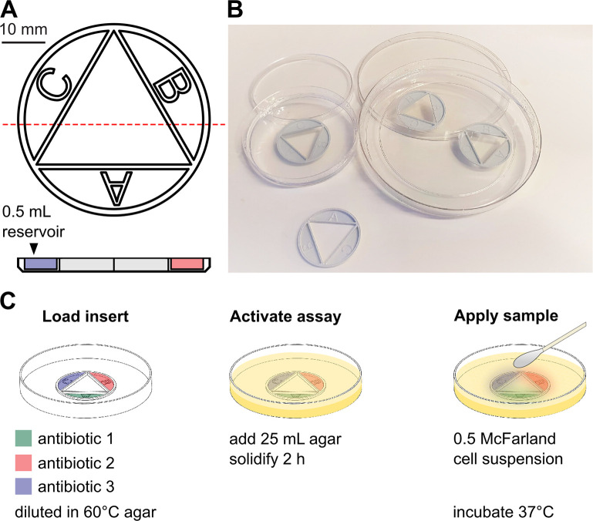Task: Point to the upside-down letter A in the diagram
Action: (115, 188)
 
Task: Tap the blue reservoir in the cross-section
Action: (41, 264)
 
